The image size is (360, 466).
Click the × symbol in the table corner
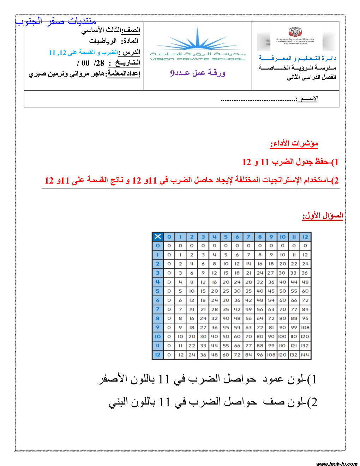(x=157, y=237)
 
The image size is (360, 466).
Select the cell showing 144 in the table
(x=305, y=355)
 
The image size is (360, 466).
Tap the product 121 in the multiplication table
(x=294, y=346)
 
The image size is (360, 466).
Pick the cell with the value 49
(x=248, y=309)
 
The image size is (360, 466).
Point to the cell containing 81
(x=271, y=327)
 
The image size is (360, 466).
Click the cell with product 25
(x=226, y=291)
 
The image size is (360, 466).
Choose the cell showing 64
(x=260, y=318)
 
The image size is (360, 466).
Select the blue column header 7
(x=248, y=237)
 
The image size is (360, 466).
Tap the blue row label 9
(x=157, y=327)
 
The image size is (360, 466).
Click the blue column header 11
(x=294, y=237)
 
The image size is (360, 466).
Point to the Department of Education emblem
(x=295, y=36)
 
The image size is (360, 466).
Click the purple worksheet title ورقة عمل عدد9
(x=198, y=73)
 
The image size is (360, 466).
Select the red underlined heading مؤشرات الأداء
(x=294, y=143)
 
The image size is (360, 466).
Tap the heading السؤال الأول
(x=323, y=215)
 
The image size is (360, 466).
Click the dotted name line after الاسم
(x=258, y=100)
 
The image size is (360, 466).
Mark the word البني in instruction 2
(x=120, y=402)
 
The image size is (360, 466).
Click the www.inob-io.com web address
(x=337, y=464)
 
